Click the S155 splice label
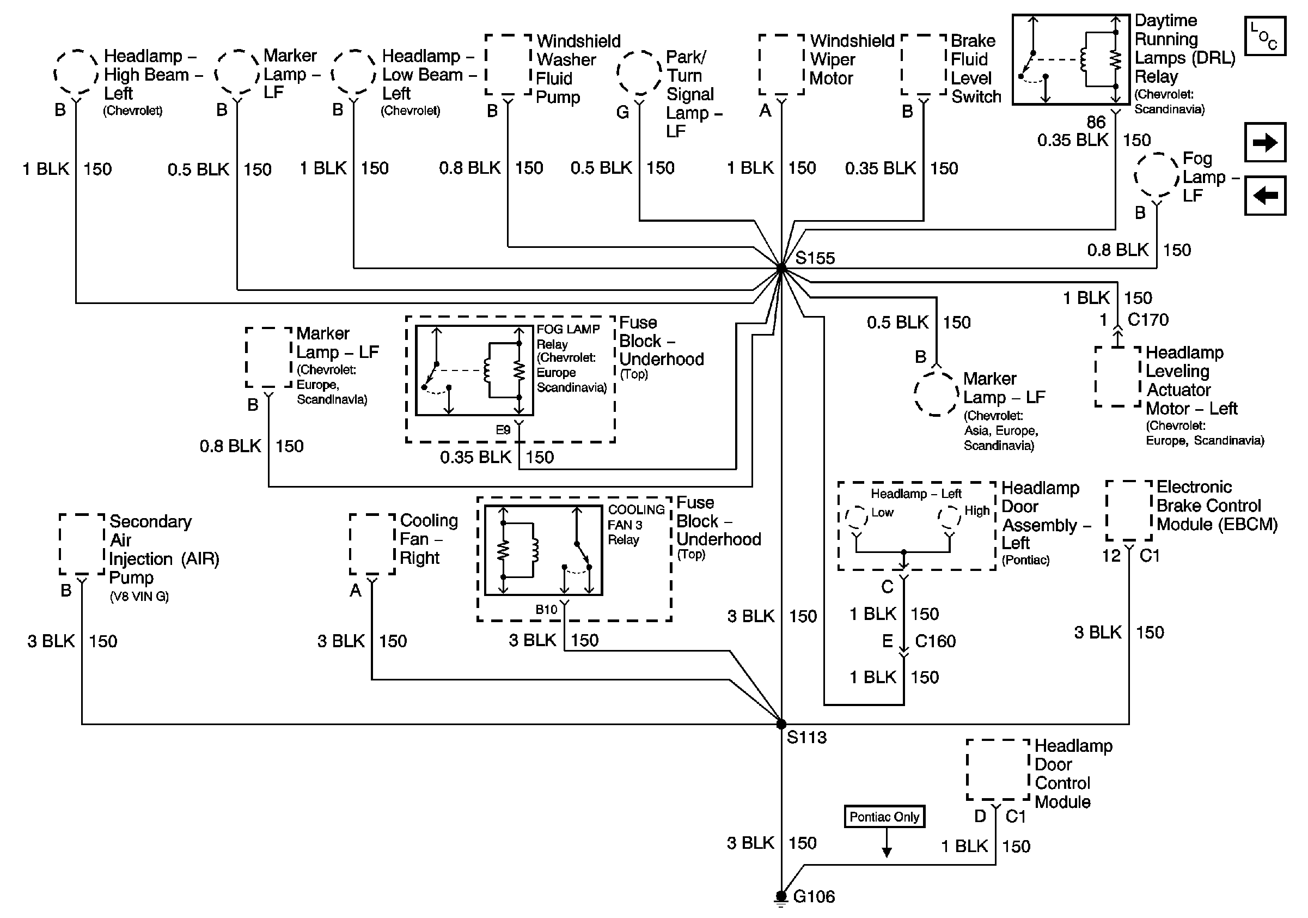[815, 258]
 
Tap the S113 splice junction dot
[781, 724]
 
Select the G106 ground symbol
[781, 897]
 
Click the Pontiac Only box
[884, 817]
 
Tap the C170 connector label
[1148, 320]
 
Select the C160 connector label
[936, 641]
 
